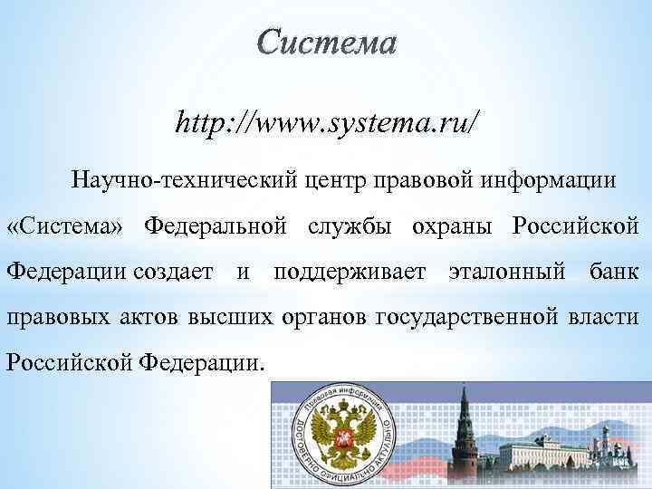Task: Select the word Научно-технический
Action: (x=179, y=180)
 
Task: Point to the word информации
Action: (x=551, y=180)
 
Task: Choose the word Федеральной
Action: (x=216, y=225)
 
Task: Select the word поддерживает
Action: (x=350, y=270)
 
